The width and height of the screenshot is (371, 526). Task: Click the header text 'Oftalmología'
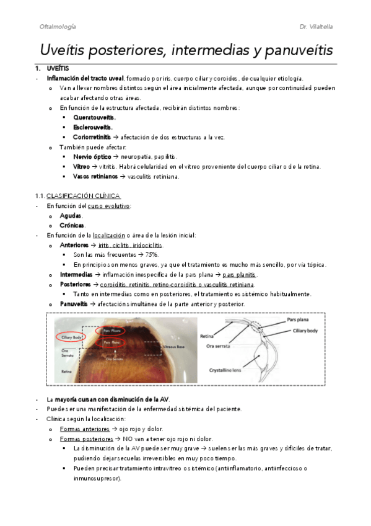pyautogui.click(x=57, y=27)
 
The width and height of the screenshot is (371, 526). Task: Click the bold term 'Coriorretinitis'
pyautogui.click(x=92, y=137)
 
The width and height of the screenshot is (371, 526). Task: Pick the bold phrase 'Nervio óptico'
pyautogui.click(x=92, y=157)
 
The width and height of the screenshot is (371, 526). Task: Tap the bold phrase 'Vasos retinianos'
pyautogui.click(x=95, y=177)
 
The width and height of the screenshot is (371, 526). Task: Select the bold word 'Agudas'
pyautogui.click(x=71, y=215)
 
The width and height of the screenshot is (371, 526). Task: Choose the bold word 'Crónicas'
pyautogui.click(x=72, y=225)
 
